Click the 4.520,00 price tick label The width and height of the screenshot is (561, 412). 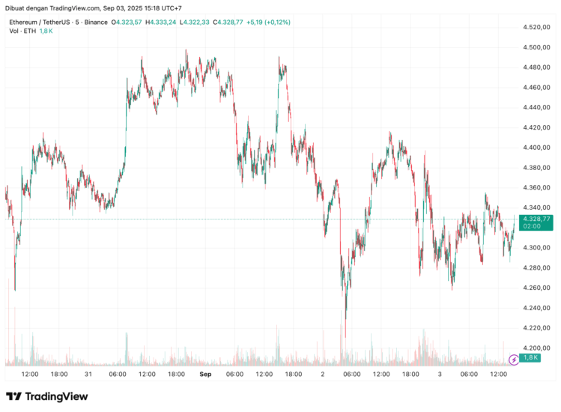coord(536,28)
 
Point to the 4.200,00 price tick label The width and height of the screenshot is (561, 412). coord(536,348)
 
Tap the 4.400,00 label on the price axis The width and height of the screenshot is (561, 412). coord(536,148)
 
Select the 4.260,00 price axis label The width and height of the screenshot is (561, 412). coord(536,288)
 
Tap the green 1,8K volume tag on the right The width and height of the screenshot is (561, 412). coord(531,358)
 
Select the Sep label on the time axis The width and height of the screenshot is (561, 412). coord(205,374)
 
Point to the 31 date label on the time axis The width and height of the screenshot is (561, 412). coord(88,374)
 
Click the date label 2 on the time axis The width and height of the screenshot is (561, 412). coord(323,374)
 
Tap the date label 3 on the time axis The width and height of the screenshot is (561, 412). coord(440,374)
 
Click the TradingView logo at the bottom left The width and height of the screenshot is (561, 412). coord(46,396)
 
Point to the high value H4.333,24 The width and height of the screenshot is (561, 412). coord(160,22)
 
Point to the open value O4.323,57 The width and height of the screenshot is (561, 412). coord(127,22)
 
